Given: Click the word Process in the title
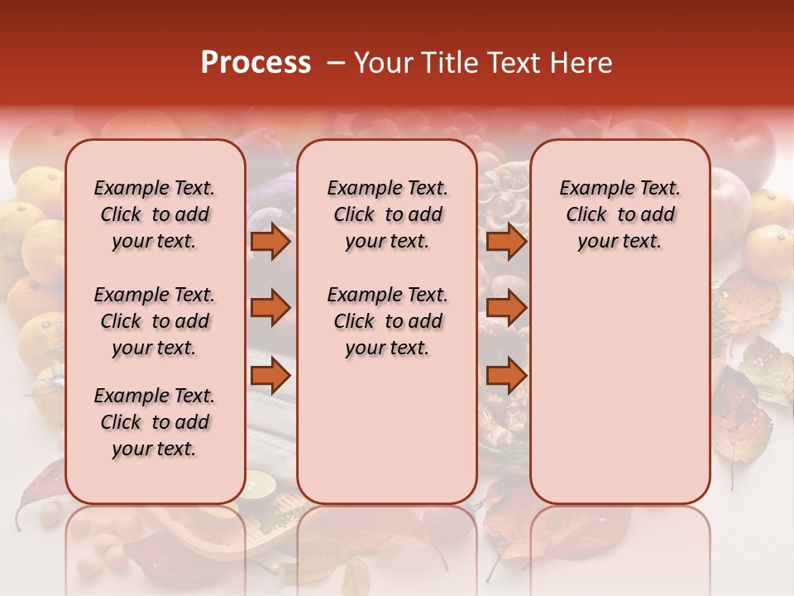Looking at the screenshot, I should [x=256, y=63].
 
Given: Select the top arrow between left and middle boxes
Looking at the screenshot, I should [x=270, y=242].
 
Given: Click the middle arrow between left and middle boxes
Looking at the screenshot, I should [x=270, y=309].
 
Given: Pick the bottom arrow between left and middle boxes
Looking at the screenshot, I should [x=270, y=376].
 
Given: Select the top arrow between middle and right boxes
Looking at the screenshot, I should [x=506, y=242].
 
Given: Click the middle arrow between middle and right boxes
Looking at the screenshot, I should [x=506, y=309].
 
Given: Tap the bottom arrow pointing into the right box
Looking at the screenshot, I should [x=506, y=376].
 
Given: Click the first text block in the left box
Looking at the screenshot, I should [x=155, y=214].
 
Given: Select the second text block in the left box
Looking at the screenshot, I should [x=155, y=321].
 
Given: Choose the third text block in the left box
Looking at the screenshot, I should [x=155, y=422].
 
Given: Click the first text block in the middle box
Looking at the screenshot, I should [x=387, y=214].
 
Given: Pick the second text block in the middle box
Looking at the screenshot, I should [x=387, y=321].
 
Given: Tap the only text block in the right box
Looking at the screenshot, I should [x=619, y=214].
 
